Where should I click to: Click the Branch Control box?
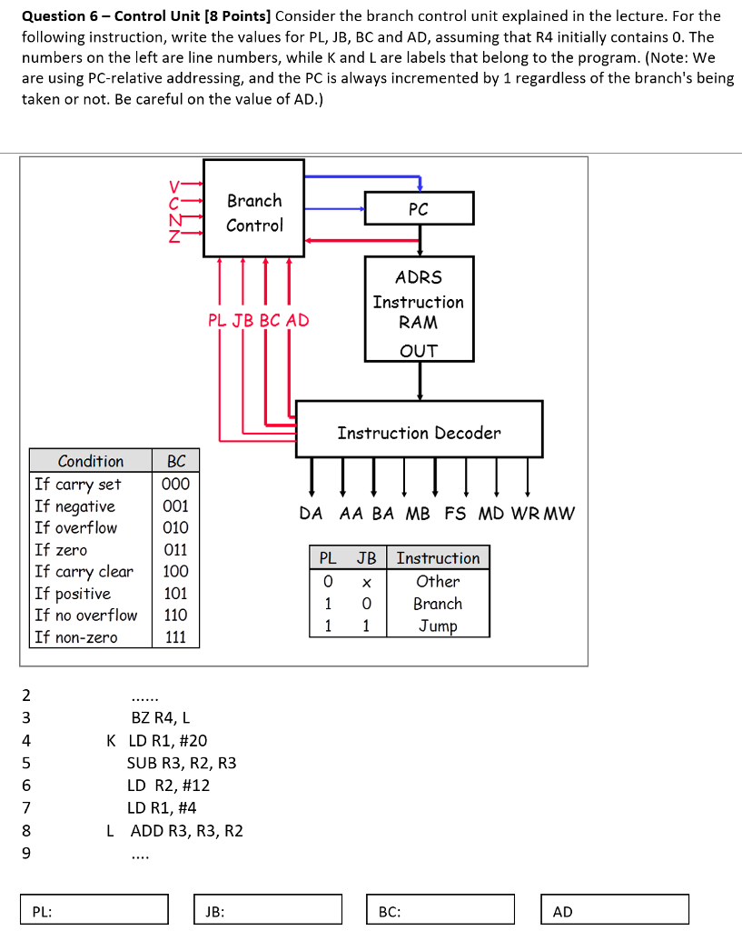point(253,213)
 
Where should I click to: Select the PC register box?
point(419,208)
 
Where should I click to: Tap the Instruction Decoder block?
point(419,433)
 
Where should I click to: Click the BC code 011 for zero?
point(176,550)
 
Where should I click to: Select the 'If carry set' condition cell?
point(78,484)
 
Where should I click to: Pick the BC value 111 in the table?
point(176,637)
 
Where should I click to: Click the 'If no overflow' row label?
point(86,616)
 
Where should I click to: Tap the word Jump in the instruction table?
point(438,626)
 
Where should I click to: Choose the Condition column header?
point(90,461)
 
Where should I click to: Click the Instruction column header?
point(438,558)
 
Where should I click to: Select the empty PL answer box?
point(95,909)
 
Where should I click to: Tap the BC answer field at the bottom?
point(442,909)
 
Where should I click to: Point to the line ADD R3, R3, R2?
point(186,830)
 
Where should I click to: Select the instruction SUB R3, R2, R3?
point(182,763)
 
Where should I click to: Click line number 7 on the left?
point(26,807)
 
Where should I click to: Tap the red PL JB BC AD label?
point(258,320)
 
